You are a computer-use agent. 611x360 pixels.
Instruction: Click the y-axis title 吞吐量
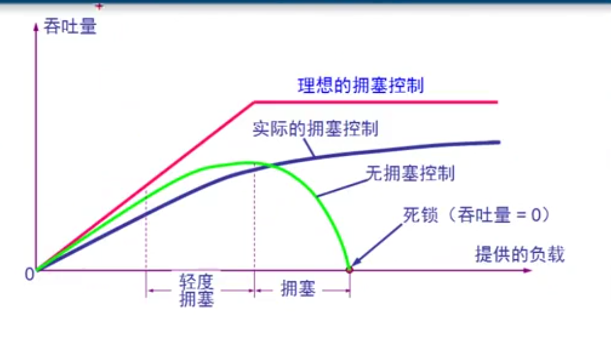coord(70,26)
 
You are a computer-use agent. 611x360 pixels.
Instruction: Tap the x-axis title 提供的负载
coord(520,254)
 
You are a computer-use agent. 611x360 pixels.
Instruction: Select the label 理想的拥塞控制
coord(361,85)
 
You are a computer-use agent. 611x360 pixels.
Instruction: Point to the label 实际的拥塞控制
coord(315,129)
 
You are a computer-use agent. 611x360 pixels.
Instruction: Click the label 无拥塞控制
coord(410,174)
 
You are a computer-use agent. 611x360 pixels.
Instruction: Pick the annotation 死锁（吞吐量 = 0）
coord(476,214)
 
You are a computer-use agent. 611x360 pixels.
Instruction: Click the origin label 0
coord(30,274)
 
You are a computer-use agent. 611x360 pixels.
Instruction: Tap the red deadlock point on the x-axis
coord(349,269)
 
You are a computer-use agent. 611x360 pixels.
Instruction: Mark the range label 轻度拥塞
coord(196,290)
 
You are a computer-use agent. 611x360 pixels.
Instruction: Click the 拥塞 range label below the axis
coord(298,289)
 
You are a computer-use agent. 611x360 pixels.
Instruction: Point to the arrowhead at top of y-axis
coord(36,26)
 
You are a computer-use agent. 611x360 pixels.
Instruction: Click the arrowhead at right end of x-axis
coord(527,270)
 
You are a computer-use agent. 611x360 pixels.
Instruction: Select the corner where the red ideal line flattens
coord(254,102)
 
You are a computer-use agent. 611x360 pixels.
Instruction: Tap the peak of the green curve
coord(246,162)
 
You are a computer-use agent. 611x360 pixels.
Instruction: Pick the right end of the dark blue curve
coord(498,143)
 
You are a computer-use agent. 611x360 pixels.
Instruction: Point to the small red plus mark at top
coord(99,6)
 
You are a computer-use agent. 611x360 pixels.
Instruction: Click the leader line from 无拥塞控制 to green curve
coord(342,188)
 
